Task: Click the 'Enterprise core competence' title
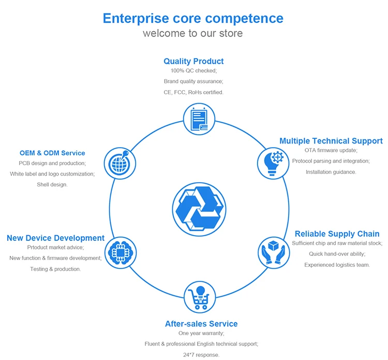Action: [x=193, y=18]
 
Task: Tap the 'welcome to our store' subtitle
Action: [x=193, y=34]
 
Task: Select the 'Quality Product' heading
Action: [x=193, y=61]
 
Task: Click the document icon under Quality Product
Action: [x=199, y=119]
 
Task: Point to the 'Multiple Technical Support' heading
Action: [x=331, y=141]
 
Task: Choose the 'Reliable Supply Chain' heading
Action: [x=337, y=234]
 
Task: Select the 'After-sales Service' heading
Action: [x=201, y=324]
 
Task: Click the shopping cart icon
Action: [x=199, y=296]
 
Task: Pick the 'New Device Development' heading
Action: [x=55, y=238]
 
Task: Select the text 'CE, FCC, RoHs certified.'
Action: [x=193, y=92]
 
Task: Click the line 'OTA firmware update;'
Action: [x=331, y=150]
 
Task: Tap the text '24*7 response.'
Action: [x=201, y=355]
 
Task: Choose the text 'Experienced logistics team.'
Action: [x=337, y=265]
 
